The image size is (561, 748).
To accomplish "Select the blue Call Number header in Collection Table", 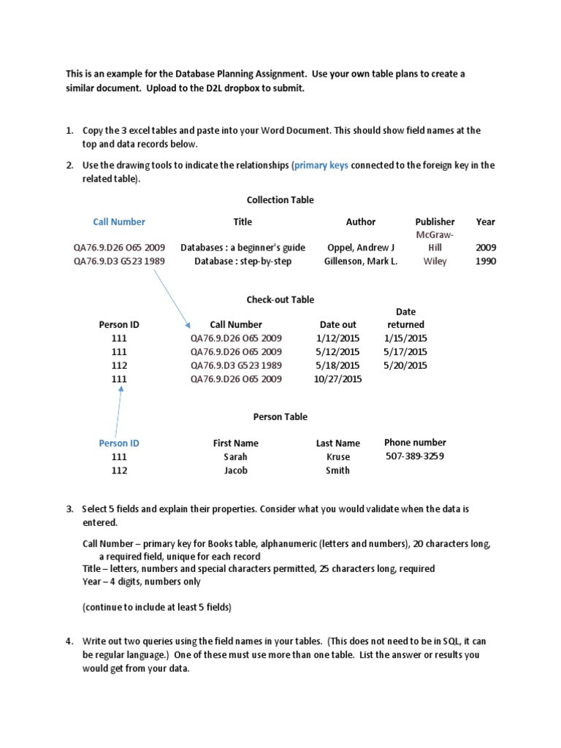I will (119, 222).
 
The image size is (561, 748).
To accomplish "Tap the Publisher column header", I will (435, 222).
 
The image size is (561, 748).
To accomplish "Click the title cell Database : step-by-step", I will (243, 262).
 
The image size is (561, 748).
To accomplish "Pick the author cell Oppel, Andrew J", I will (360, 248).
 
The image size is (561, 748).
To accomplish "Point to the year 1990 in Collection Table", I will (485, 262).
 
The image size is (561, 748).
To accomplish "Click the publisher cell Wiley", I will (435, 262).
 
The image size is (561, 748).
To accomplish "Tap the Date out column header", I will (338, 325).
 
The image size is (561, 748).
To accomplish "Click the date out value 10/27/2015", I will (338, 379).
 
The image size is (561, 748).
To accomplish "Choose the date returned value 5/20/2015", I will (405, 365).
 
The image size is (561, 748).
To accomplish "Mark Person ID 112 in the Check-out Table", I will (119, 365).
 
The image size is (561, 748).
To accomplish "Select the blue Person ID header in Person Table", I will (119, 443).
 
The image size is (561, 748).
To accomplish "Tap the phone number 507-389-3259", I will (415, 457).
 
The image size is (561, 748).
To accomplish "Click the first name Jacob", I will (235, 470).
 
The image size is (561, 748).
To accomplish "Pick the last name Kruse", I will (337, 457).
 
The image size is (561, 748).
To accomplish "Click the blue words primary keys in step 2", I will (321, 166).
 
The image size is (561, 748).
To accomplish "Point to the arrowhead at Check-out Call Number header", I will (188, 327).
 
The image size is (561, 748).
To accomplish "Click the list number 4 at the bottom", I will (69, 641).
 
